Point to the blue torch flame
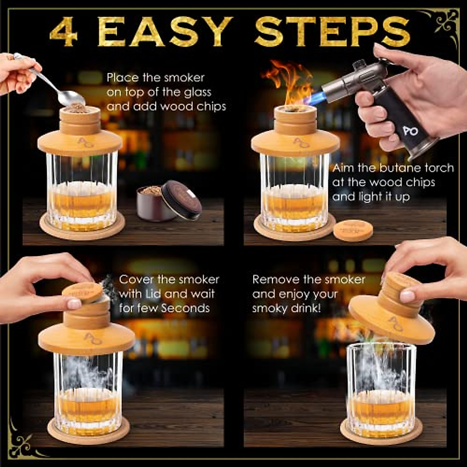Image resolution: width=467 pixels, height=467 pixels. pyautogui.click(x=315, y=99)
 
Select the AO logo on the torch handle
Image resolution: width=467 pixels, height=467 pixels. pyautogui.click(x=411, y=131)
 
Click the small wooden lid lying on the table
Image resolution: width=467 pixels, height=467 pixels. pyautogui.click(x=353, y=230)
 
